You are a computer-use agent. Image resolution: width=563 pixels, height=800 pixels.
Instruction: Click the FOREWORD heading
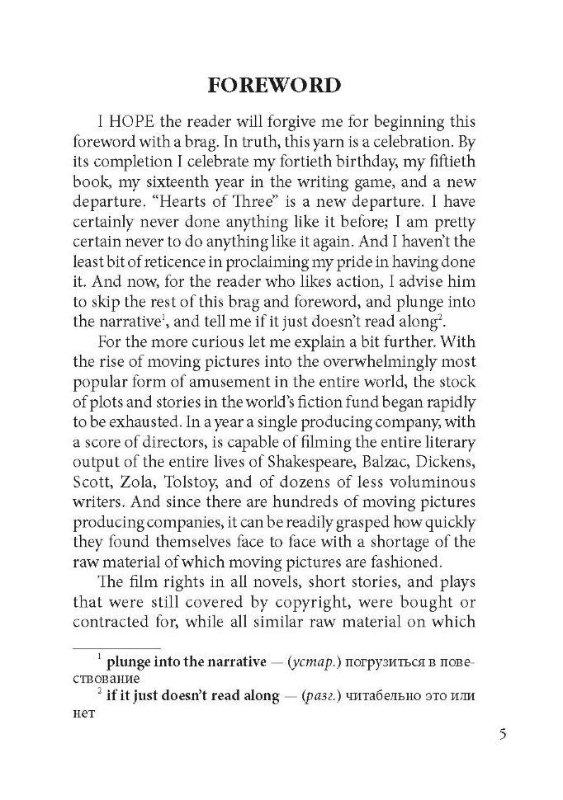tap(273, 86)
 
